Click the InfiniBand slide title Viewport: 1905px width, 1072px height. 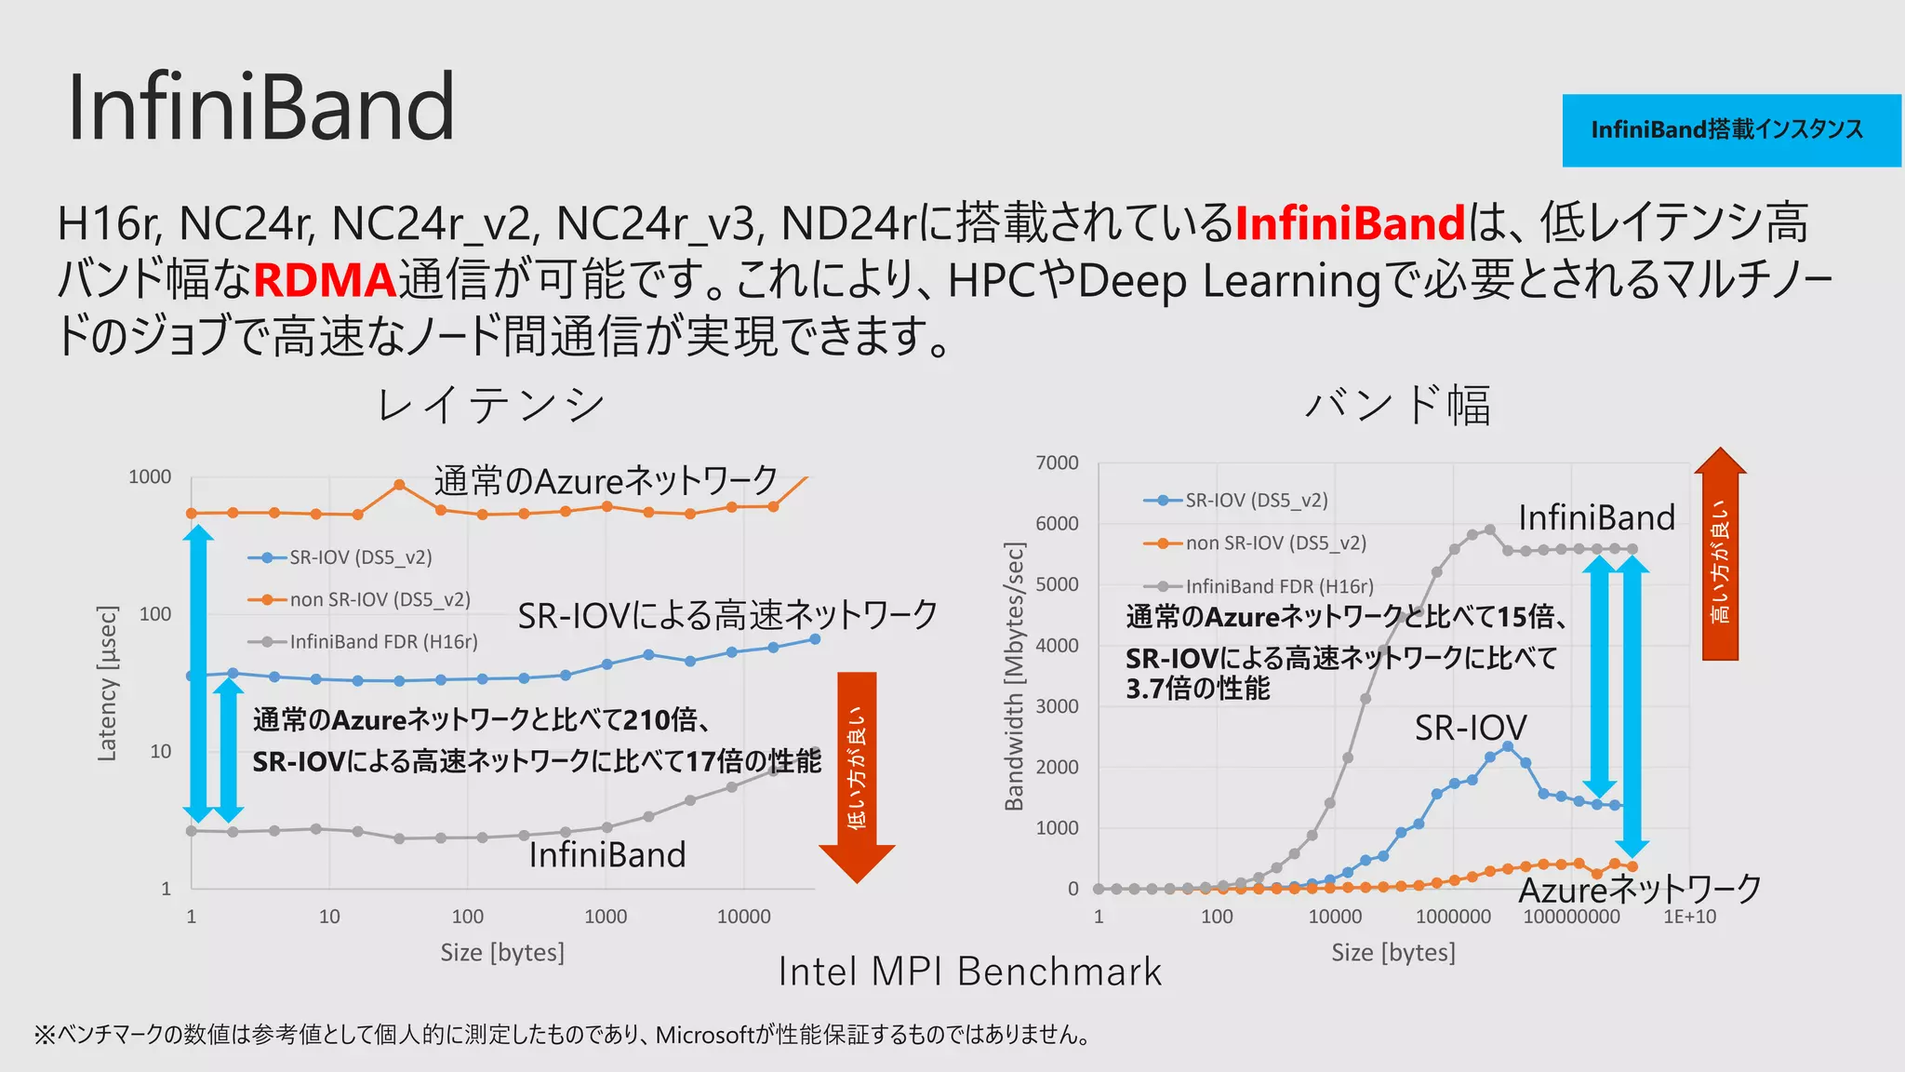(x=260, y=108)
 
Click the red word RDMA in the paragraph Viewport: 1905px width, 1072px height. (x=325, y=280)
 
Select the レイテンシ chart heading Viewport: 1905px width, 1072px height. (x=490, y=406)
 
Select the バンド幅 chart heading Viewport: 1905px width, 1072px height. (x=1397, y=406)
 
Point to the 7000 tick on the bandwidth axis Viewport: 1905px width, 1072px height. (x=1058, y=462)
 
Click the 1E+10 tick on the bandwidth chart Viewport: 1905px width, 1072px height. (x=1689, y=917)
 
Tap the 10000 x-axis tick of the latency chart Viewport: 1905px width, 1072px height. (x=743, y=917)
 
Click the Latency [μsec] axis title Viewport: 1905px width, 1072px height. (x=108, y=683)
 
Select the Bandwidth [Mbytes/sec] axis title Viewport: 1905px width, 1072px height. (x=1015, y=676)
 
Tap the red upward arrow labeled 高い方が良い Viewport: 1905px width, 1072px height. (x=1720, y=555)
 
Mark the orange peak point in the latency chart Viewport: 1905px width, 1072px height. (x=399, y=485)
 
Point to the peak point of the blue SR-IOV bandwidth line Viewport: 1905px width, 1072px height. (x=1508, y=746)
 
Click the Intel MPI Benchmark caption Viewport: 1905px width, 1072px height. (x=970, y=971)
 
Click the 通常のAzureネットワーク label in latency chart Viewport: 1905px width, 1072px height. (x=606, y=481)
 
